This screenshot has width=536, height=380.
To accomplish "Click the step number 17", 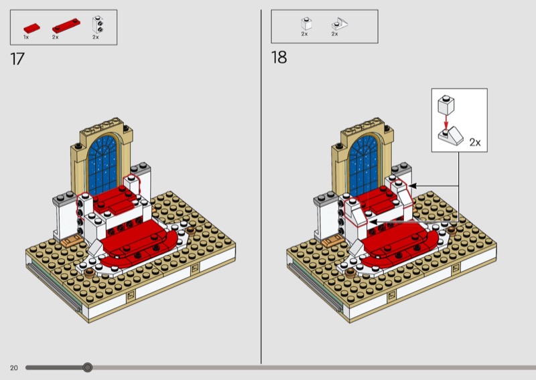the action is [x=17, y=59].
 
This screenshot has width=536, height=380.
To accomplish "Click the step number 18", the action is [x=279, y=58].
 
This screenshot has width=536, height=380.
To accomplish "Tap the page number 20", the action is [x=13, y=368].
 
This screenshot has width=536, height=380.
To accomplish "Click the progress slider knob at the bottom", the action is [x=88, y=367].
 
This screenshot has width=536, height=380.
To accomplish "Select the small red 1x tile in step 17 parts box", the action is [x=31, y=28].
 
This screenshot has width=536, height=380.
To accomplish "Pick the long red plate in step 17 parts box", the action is [x=66, y=25].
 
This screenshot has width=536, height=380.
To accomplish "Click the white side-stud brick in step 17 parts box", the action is [x=98, y=25].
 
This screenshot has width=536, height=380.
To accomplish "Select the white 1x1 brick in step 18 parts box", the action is [x=306, y=23].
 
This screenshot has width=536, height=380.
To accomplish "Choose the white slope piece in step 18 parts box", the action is [x=339, y=24].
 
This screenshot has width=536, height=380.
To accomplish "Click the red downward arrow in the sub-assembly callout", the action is [x=446, y=120].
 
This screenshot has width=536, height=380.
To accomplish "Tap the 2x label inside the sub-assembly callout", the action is [x=475, y=142].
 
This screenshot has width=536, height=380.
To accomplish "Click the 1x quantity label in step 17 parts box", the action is [x=26, y=37].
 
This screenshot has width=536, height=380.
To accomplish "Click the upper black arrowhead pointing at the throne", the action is [x=413, y=186].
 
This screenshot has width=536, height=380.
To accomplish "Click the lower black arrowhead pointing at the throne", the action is [x=374, y=222].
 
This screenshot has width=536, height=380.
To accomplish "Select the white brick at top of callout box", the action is [x=446, y=104].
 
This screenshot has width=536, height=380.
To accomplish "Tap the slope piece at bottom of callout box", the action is [x=451, y=136].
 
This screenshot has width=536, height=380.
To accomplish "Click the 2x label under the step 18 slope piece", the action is [x=334, y=34].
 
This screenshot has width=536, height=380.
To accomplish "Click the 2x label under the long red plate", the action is [x=56, y=37].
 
